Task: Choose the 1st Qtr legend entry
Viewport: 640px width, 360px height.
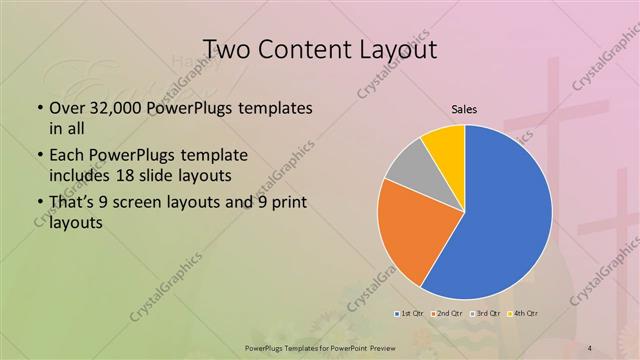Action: point(410,313)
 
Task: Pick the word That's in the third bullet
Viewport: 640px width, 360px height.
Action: point(72,205)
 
